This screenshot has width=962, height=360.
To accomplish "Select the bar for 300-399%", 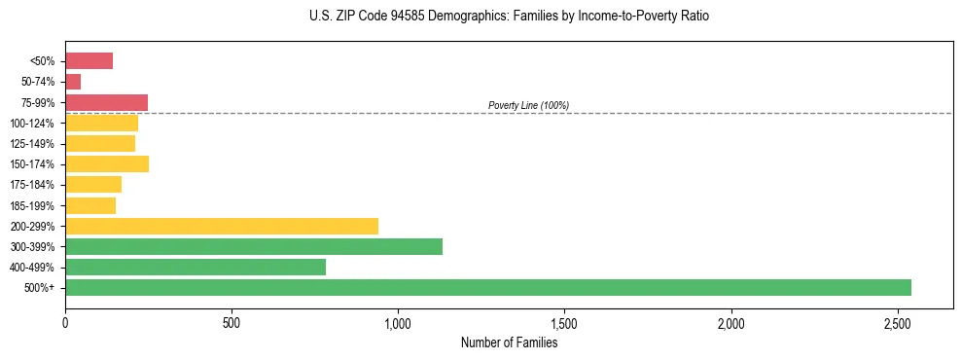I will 254,246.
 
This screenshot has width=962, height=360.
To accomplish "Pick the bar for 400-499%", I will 196,267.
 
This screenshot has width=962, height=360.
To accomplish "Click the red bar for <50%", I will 89,61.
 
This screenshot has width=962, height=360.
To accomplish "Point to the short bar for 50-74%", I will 73,82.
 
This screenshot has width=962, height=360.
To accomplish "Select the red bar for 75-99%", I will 106,102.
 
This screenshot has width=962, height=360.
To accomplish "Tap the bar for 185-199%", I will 90,205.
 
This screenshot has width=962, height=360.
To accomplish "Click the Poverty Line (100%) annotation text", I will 528,105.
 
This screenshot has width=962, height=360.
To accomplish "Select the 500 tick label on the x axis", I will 232,322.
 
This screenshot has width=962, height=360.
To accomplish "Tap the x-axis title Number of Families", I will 509,342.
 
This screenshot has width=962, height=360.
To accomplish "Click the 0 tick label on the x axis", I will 65,322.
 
